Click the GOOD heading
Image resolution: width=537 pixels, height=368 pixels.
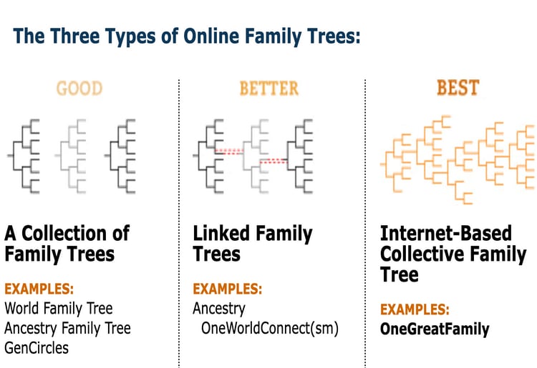[79, 88]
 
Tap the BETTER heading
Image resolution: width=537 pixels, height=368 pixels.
[268, 88]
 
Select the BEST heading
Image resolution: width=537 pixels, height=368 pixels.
[458, 87]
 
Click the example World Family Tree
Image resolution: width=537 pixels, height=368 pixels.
[59, 309]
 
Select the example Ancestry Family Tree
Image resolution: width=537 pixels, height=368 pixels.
[67, 329]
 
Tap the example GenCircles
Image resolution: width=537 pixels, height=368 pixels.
[37, 348]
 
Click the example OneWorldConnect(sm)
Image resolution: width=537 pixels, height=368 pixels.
[270, 329]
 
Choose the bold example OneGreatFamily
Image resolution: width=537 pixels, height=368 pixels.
[435, 329]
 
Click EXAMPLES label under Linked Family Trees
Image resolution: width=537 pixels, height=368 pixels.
[228, 289]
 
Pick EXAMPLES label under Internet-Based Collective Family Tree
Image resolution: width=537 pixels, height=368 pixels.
[415, 309]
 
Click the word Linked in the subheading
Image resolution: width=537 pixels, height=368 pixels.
[221, 234]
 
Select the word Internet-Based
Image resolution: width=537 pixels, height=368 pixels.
[446, 234]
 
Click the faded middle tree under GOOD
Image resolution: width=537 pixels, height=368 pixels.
[71, 156]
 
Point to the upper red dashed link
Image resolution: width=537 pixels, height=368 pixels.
[229, 151]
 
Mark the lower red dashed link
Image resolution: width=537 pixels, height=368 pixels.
[274, 161]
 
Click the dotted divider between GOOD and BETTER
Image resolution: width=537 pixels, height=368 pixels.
[179, 224]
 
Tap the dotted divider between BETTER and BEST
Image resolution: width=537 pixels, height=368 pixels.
[365, 224]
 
